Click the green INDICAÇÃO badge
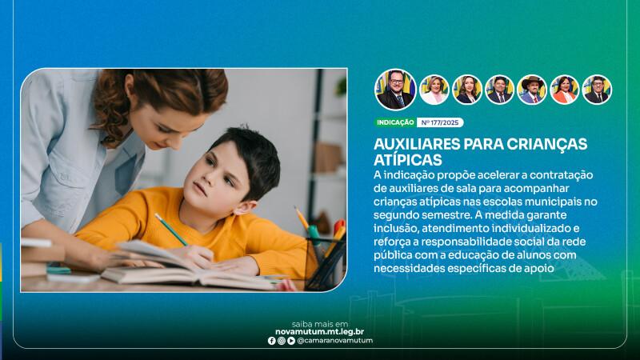(x=395, y=122)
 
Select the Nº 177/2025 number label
(x=440, y=122)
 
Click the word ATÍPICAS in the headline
(x=408, y=159)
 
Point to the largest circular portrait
(x=395, y=90)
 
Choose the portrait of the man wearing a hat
(x=532, y=90)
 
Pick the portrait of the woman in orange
(x=565, y=90)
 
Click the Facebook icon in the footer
(x=271, y=341)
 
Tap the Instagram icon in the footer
(x=282, y=341)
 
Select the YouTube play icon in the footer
(x=291, y=341)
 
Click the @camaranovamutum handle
(x=335, y=341)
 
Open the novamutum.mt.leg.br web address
(x=319, y=332)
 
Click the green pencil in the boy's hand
(x=170, y=230)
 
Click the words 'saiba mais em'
(x=320, y=324)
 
